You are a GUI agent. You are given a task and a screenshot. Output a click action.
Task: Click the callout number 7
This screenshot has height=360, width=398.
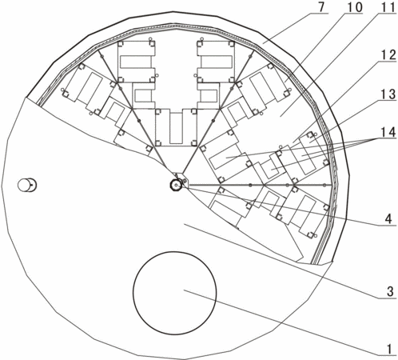322,7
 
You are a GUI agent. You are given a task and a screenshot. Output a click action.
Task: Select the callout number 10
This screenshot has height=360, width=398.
355,7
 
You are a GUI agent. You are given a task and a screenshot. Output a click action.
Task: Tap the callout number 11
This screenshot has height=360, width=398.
388,7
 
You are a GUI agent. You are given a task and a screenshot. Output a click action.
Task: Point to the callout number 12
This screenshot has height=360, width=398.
388,56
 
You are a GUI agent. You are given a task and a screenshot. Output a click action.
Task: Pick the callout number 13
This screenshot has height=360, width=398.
388,94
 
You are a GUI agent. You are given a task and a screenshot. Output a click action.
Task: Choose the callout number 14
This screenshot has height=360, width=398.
388,133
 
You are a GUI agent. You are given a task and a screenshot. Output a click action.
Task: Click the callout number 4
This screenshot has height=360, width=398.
388,219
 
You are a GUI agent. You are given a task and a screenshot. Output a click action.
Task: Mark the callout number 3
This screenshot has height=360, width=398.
390,292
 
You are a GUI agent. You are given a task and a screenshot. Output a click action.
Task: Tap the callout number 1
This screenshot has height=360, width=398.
389,349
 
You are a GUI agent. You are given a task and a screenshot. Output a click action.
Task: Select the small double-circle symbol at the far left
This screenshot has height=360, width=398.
27,185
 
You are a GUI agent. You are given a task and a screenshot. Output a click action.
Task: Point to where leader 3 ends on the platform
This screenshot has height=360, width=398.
185,225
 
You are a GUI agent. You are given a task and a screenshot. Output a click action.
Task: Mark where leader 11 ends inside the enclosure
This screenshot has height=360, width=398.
280,116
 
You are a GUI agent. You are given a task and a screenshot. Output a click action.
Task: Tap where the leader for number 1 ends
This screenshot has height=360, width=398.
184,290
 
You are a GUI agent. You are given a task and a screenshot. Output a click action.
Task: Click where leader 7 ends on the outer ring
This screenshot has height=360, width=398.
263,42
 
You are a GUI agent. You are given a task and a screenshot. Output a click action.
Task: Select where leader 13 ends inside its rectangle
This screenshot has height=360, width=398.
309,139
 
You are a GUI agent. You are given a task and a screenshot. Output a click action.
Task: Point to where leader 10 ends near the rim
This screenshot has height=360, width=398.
285,82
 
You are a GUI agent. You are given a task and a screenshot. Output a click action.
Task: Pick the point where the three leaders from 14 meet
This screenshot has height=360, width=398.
378,139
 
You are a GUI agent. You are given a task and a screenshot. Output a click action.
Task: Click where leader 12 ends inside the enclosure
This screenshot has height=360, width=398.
293,142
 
